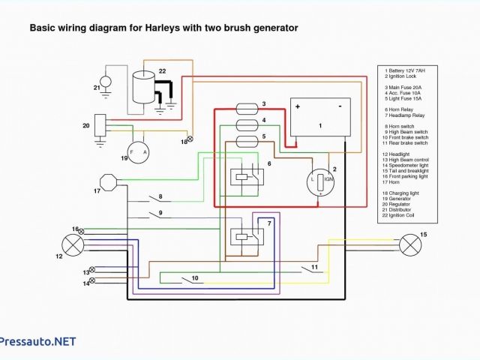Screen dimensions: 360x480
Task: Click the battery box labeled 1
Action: tap(320, 117)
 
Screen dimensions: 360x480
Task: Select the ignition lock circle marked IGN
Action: tap(321, 181)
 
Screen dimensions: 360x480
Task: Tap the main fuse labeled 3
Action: tap(248, 106)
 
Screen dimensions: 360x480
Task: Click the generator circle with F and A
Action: tap(139, 153)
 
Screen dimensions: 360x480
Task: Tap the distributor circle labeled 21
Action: tap(106, 79)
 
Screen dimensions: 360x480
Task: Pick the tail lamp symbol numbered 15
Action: tap(409, 245)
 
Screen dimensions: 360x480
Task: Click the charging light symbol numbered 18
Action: tap(189, 139)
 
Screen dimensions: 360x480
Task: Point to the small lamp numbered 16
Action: tap(82, 229)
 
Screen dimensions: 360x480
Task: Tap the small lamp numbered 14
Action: tap(92, 282)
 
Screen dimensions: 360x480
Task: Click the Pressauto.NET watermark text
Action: tap(38, 341)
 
